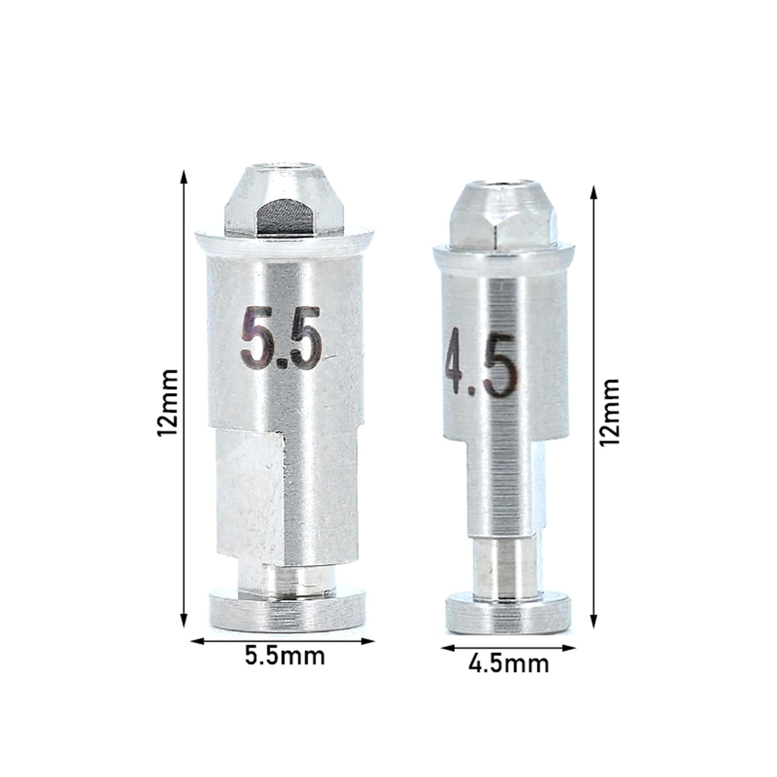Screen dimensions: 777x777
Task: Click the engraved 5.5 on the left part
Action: click(281, 338)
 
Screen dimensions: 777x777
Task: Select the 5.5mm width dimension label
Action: click(284, 656)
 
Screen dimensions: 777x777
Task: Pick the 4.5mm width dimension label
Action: click(508, 663)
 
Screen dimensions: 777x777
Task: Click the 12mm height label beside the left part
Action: click(168, 403)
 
